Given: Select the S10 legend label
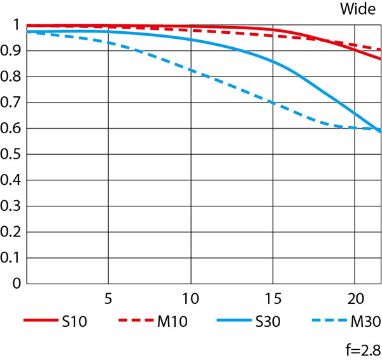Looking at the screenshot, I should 75,322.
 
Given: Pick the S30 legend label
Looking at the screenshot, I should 268,322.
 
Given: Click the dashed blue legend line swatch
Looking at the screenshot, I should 329,322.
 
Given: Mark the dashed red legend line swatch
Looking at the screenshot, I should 136,322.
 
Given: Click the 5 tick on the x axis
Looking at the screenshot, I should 109,298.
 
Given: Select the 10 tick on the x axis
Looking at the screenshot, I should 190,298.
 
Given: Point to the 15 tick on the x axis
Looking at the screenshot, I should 272,298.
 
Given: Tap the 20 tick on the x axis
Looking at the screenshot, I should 355,298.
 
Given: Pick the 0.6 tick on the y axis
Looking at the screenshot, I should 11,129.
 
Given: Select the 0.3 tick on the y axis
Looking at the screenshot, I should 11,206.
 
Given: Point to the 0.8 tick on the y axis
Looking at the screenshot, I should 11,77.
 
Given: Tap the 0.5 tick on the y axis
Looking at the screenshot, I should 11,155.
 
